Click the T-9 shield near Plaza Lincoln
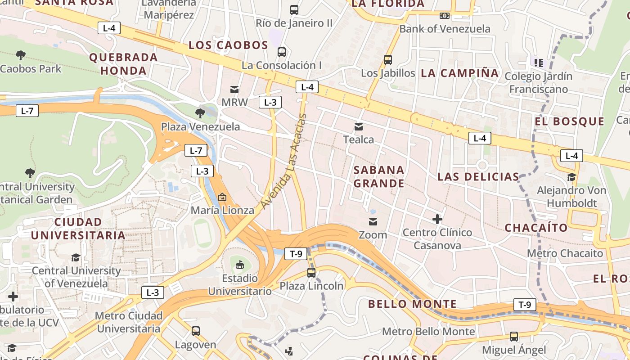click(296, 254)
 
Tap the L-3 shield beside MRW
click(270, 102)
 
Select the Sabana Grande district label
click(379, 176)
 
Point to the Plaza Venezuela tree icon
click(200, 112)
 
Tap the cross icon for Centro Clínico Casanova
click(437, 219)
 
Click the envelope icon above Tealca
click(359, 126)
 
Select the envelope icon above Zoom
click(373, 221)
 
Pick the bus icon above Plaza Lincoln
click(311, 272)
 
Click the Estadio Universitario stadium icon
click(240, 264)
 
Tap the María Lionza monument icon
click(222, 197)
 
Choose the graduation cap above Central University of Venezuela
click(76, 257)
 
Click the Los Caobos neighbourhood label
click(228, 45)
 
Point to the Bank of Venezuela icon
click(445, 16)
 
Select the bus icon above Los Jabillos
click(388, 59)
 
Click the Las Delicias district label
click(478, 176)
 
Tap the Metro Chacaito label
click(565, 253)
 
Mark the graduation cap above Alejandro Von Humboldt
click(571, 177)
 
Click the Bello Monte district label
click(412, 304)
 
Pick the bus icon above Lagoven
click(196, 331)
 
